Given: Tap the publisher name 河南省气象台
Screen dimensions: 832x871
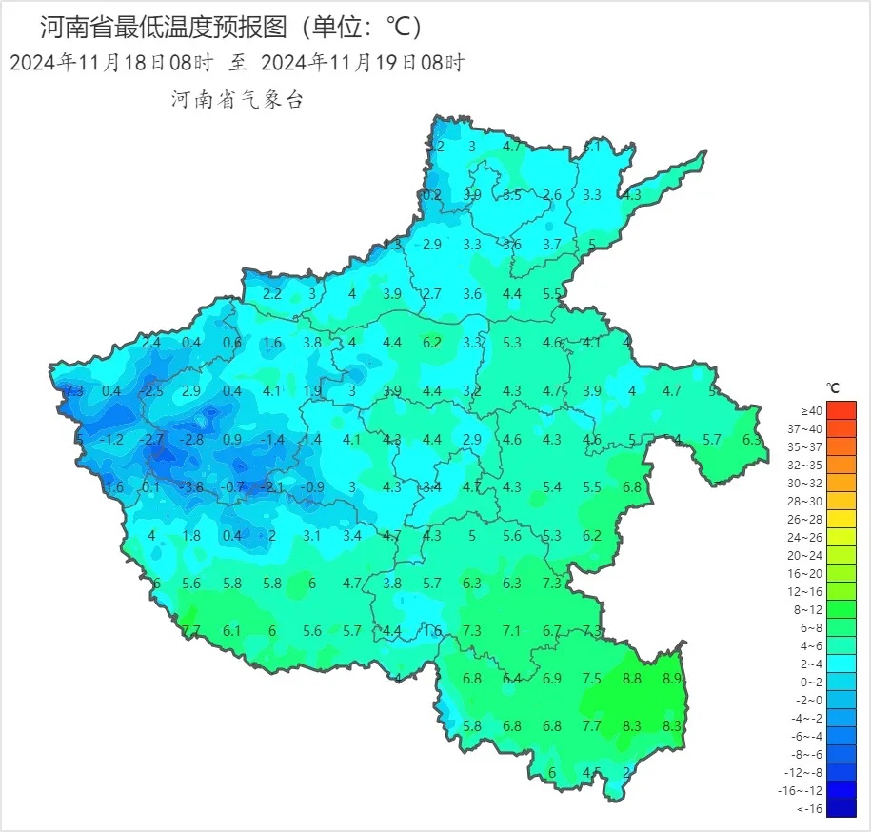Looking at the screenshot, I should click(237, 100).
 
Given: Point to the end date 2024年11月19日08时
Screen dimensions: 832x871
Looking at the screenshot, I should click(362, 64).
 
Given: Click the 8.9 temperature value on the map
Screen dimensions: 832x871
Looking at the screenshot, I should click(672, 679).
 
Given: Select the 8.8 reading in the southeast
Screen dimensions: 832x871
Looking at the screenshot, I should click(632, 679).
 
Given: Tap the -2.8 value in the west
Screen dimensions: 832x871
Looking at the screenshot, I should click(191, 439).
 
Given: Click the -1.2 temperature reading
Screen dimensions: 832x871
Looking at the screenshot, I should click(111, 439).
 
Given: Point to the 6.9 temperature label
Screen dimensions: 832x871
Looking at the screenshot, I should click(552, 679).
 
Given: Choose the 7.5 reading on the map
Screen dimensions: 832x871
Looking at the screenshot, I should click(592, 679).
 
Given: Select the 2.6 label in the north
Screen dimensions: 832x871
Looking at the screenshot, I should click(552, 195).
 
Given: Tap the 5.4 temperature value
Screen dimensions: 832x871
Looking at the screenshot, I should click(552, 487).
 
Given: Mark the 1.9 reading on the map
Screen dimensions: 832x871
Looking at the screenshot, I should click(312, 390).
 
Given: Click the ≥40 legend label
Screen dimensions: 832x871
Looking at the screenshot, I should click(811, 410).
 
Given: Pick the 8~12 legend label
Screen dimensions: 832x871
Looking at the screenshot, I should click(810, 610).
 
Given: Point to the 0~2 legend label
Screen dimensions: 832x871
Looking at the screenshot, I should click(811, 683).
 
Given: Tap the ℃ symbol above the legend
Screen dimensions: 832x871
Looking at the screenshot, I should click(833, 388).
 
